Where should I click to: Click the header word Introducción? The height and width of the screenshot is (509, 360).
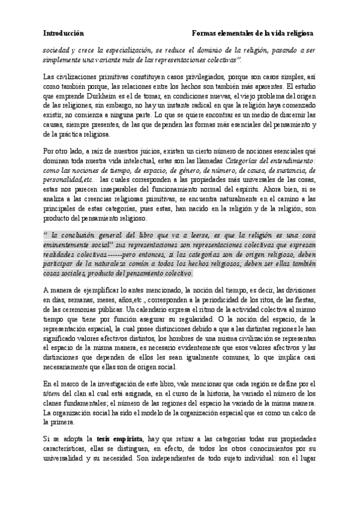pyautogui.click(x=64, y=33)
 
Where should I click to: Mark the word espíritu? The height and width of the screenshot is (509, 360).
pyautogui.click(x=253, y=190)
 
